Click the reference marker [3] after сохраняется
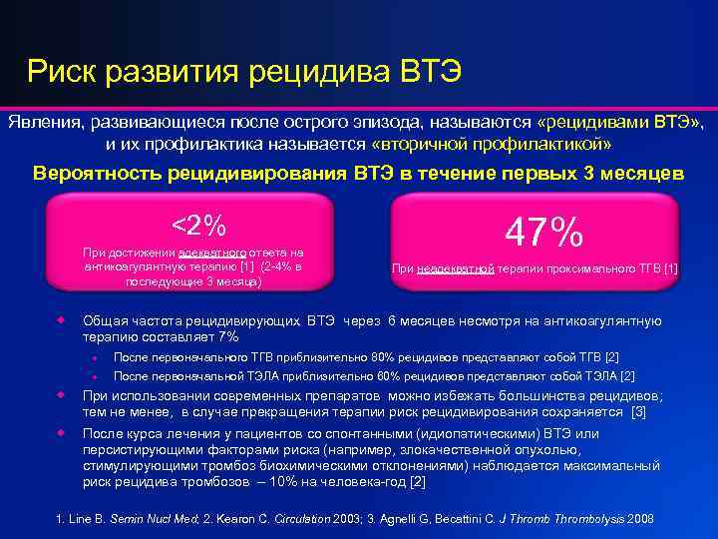pos(639,411)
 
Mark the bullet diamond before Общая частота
pos(61,320)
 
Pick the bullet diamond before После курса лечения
pos(61,432)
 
